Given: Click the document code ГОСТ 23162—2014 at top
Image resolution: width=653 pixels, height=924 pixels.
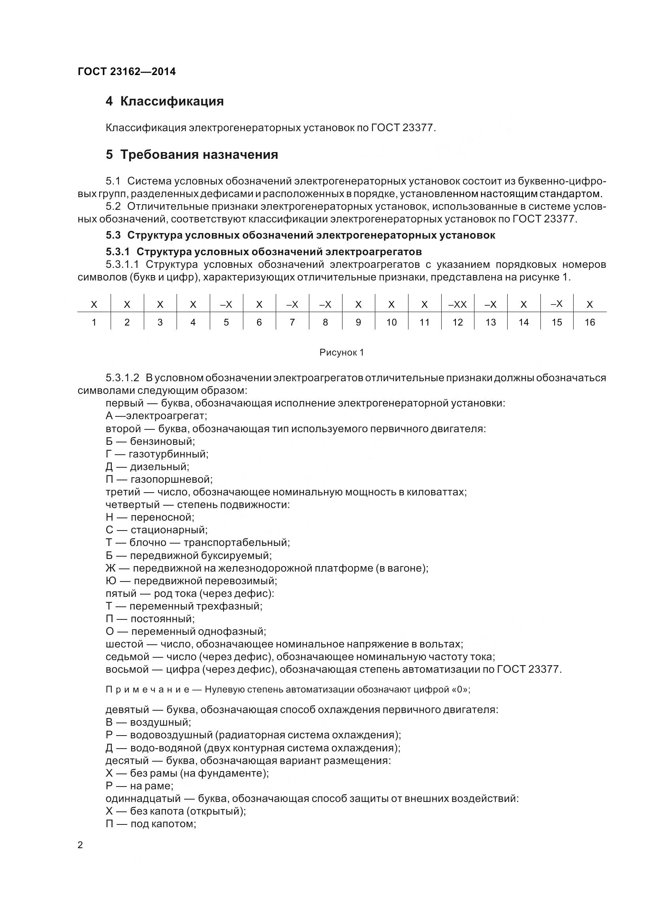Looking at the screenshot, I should click(x=126, y=72).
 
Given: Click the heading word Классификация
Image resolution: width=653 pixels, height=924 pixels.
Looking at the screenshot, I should click(x=172, y=101).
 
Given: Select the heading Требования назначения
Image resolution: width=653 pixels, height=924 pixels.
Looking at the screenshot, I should click(x=199, y=154).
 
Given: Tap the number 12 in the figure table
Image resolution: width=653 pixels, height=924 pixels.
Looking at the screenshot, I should click(x=457, y=322).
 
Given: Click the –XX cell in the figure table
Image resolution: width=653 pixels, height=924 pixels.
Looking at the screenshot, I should click(x=457, y=305).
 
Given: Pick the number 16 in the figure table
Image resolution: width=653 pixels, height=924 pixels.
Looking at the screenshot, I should click(x=589, y=322).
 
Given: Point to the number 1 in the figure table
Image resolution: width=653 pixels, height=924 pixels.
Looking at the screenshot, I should click(x=94, y=322).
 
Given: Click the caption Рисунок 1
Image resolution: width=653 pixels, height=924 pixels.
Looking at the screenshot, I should click(x=342, y=352).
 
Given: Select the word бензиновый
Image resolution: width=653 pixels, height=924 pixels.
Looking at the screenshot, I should click(x=162, y=442).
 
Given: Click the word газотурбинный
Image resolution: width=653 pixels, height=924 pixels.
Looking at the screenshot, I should click(x=168, y=454).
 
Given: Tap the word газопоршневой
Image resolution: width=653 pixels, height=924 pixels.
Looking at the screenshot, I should click(x=171, y=479).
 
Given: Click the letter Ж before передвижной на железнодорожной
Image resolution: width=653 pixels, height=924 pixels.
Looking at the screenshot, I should click(x=110, y=568).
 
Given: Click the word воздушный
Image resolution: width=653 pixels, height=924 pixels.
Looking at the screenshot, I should click(x=160, y=723).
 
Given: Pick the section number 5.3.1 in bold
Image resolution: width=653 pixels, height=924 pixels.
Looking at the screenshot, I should click(x=117, y=252).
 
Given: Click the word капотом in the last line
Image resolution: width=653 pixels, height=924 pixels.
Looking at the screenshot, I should click(x=175, y=824).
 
